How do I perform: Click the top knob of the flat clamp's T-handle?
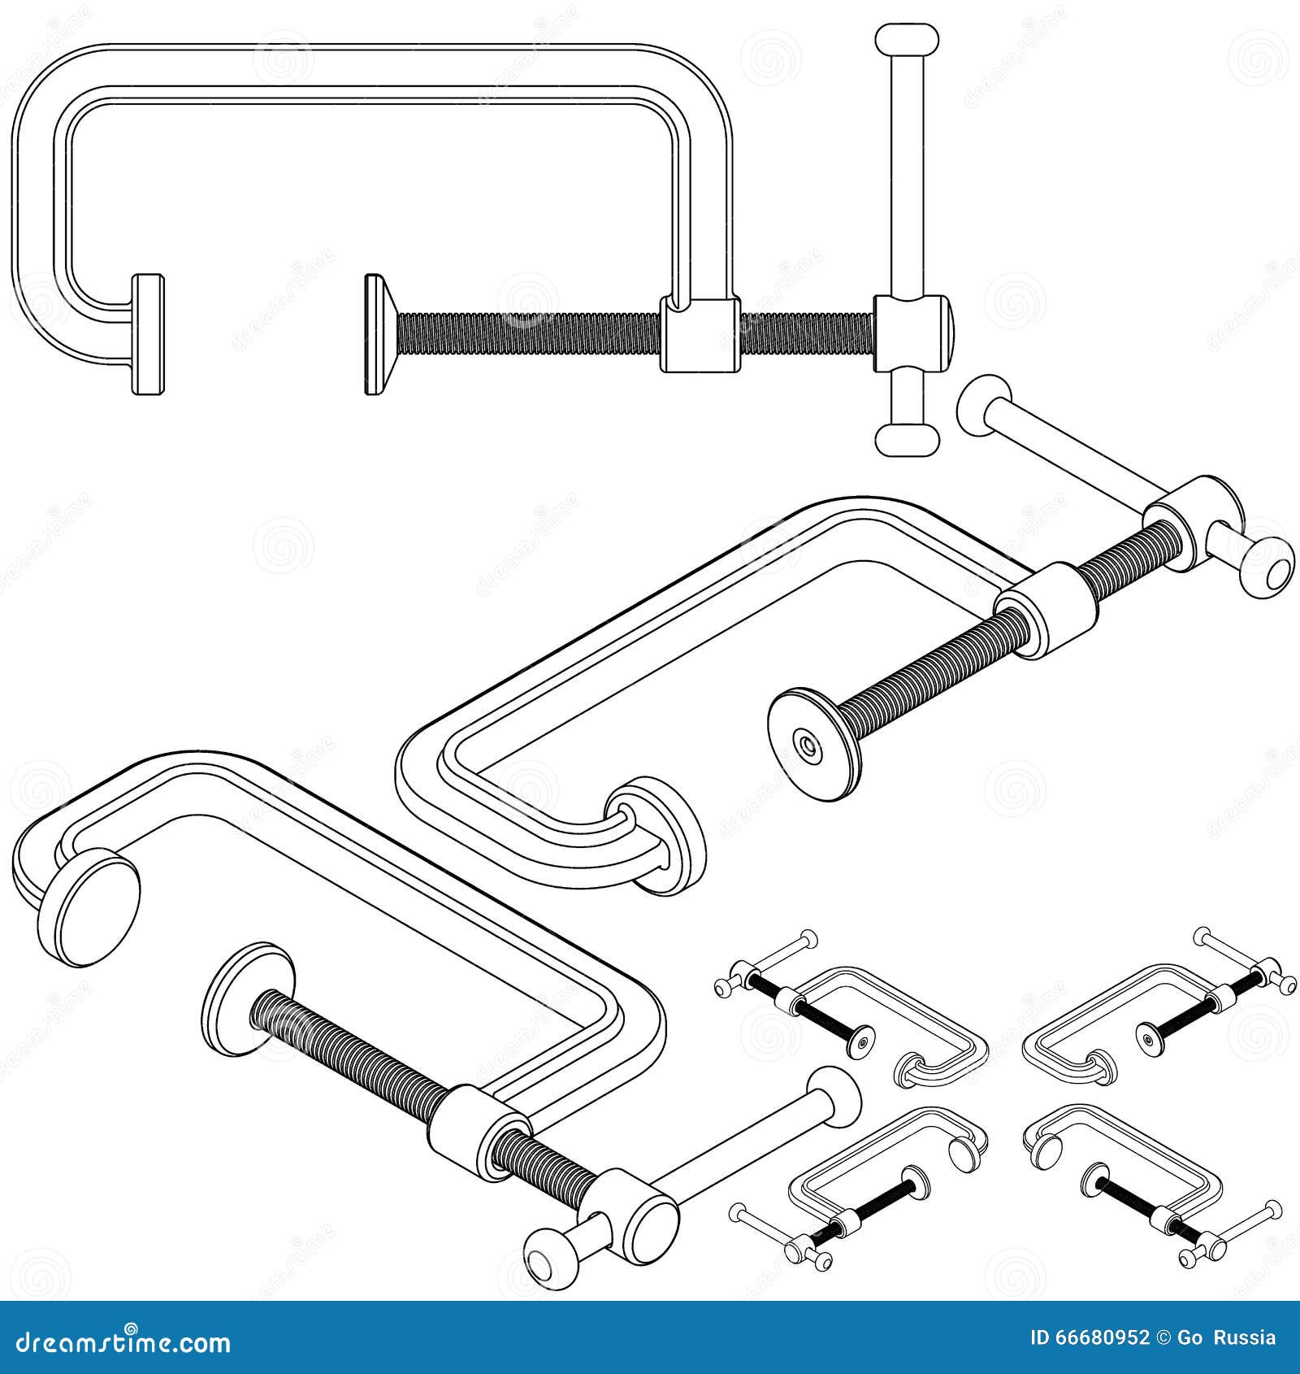(907, 39)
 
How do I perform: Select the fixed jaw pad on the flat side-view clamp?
(148, 334)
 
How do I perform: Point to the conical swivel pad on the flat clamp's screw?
(379, 334)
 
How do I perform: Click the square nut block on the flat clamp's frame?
(699, 334)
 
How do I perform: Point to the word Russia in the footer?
(1247, 1338)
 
